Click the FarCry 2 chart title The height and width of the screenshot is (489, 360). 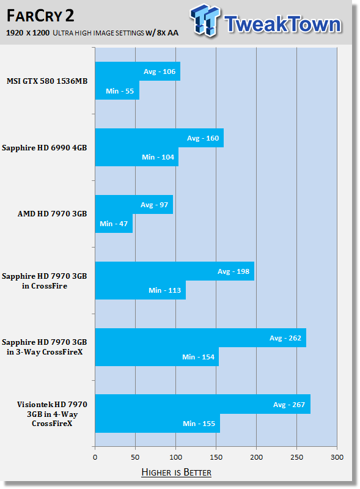(x=40, y=16)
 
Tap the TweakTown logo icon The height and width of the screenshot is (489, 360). (x=205, y=20)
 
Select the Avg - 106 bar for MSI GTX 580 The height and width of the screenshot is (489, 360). (x=138, y=71)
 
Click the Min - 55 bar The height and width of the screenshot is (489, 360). (x=117, y=90)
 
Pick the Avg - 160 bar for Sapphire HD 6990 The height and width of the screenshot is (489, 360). (x=160, y=138)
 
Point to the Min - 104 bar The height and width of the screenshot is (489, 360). (x=137, y=157)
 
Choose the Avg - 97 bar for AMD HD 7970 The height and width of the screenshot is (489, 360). (x=134, y=205)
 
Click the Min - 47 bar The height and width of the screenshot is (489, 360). (x=114, y=223)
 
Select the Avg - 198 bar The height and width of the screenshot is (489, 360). (x=175, y=271)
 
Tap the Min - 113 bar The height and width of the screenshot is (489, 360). (x=141, y=290)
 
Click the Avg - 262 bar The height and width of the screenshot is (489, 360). (x=200, y=338)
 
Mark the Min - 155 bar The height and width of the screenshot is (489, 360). (x=158, y=423)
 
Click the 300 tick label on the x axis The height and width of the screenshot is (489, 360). (x=337, y=457)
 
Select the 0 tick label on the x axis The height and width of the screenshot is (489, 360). (x=95, y=457)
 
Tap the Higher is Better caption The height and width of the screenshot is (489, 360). (x=176, y=472)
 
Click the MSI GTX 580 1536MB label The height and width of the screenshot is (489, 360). (x=47, y=81)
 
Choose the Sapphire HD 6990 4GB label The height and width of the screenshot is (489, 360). (x=44, y=147)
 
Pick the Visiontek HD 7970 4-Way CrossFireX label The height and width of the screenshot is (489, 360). (x=52, y=414)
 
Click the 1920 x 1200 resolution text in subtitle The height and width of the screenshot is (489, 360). (x=28, y=33)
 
